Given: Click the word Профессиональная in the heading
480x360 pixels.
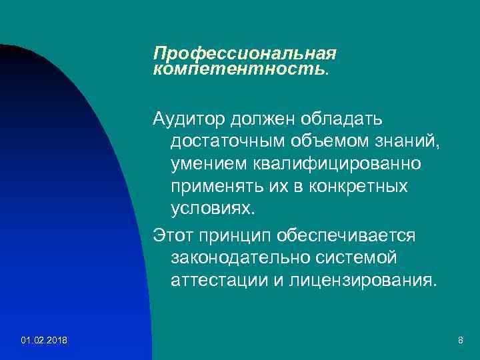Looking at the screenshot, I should click(x=245, y=53).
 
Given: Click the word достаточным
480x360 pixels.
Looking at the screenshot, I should click(x=227, y=141).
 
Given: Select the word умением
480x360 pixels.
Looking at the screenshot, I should click(x=207, y=163).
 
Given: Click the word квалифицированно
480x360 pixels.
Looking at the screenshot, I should click(x=335, y=163).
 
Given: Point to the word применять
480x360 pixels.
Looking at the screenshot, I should click(x=212, y=186).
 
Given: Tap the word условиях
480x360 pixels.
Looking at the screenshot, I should click(x=213, y=208).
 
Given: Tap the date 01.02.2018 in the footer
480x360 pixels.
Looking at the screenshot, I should click(x=44, y=341).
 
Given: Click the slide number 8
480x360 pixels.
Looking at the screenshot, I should click(x=460, y=341).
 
